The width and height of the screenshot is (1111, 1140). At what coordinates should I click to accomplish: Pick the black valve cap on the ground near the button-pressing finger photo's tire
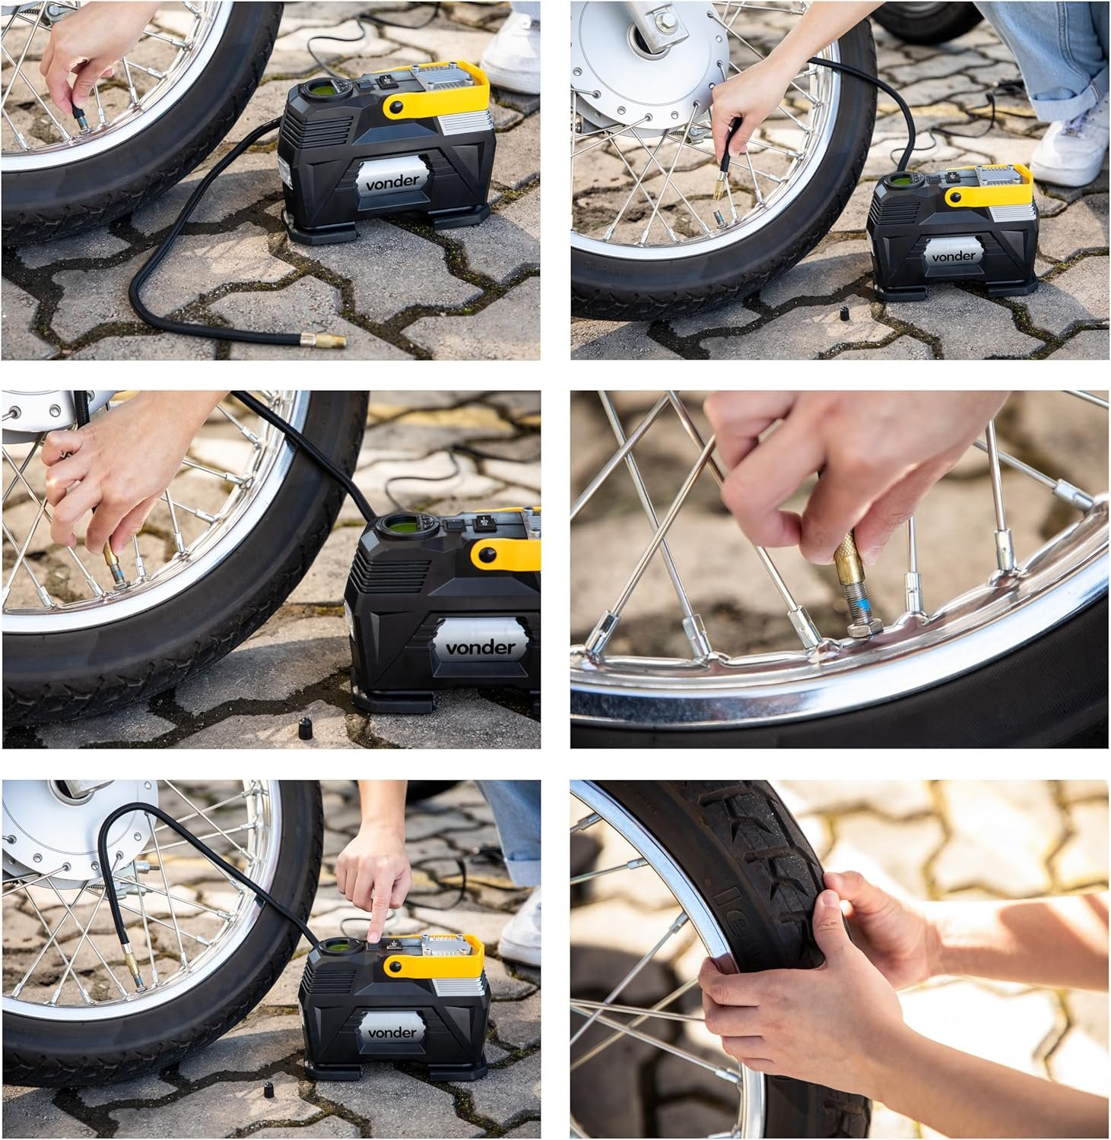268,1090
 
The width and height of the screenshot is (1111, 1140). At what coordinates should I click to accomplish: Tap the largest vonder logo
480,648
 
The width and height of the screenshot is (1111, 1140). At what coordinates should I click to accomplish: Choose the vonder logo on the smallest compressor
953,256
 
